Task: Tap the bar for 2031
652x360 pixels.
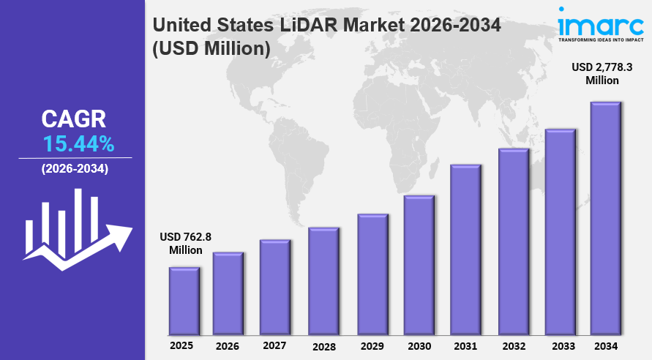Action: (x=465, y=248)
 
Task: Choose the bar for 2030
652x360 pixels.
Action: (x=419, y=263)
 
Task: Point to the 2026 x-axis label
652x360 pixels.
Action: (x=227, y=345)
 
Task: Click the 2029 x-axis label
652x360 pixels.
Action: (x=371, y=345)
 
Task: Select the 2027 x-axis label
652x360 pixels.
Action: (x=274, y=345)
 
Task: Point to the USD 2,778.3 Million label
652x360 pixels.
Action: (x=602, y=73)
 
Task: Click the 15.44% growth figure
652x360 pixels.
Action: (x=78, y=143)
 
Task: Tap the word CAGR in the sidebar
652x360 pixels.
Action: (x=73, y=119)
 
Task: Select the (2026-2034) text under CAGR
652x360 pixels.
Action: (x=75, y=169)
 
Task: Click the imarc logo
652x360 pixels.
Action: (x=600, y=23)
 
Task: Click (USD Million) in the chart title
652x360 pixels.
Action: (x=211, y=49)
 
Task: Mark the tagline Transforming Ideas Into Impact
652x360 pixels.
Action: (x=600, y=41)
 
